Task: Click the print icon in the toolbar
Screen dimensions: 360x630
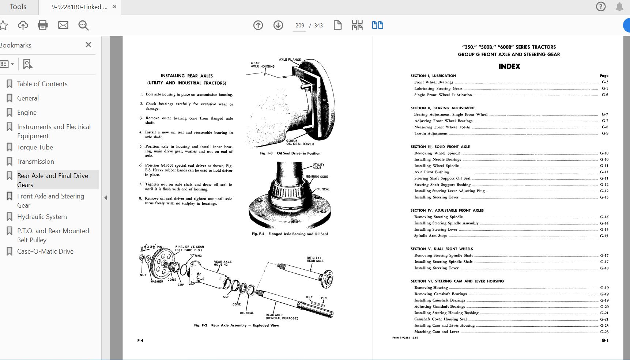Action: point(43,25)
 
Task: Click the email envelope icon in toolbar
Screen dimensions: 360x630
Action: point(63,25)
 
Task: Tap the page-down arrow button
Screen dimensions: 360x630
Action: point(278,25)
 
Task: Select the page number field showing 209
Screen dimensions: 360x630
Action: point(299,26)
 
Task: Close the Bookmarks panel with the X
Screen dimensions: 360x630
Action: point(88,45)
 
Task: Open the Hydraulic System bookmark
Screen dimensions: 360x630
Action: point(42,217)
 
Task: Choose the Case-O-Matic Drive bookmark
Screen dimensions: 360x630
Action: point(45,251)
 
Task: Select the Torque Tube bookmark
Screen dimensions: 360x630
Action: point(35,147)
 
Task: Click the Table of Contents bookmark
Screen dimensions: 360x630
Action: point(42,84)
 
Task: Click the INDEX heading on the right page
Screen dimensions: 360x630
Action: point(509,67)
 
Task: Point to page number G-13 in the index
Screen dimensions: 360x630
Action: point(604,197)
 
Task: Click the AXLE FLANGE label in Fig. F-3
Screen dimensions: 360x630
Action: point(290,60)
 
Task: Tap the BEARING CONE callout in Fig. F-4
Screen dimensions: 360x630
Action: point(317,177)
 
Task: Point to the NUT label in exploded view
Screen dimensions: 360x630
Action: point(143,275)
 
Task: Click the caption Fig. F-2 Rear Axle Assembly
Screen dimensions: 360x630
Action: point(236,325)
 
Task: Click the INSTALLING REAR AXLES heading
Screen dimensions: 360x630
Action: point(187,76)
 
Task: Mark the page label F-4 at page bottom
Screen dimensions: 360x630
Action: point(140,341)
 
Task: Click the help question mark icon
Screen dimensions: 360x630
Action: point(601,7)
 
